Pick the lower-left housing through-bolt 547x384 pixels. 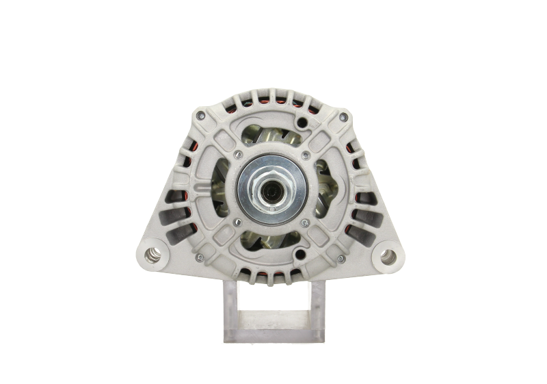199,257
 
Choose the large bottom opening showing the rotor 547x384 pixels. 270,241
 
